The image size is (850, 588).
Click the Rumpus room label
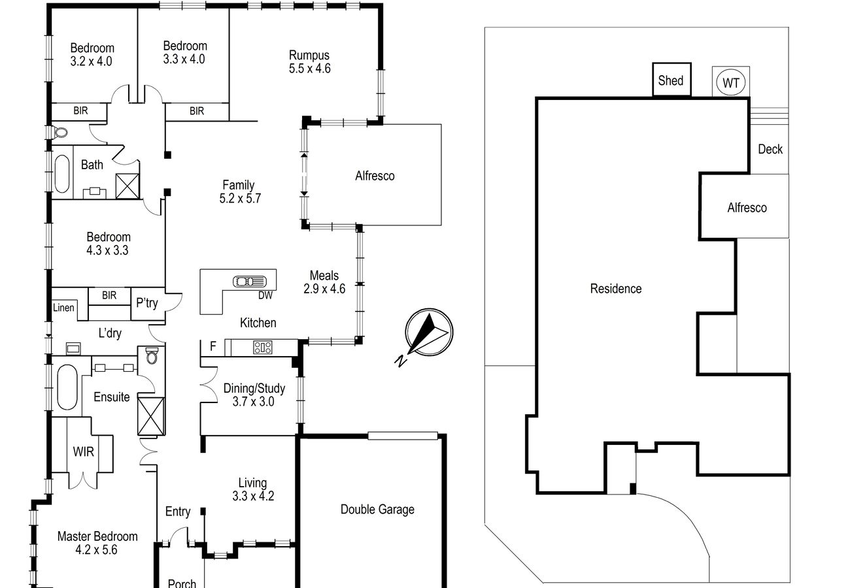pyautogui.click(x=309, y=56)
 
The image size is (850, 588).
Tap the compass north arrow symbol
pyautogui.click(x=428, y=332)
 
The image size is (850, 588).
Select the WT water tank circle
pyautogui.click(x=730, y=83)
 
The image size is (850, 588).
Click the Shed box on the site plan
pyautogui.click(x=671, y=81)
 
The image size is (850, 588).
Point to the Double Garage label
pyautogui.click(x=377, y=510)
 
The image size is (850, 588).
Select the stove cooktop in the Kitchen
pyautogui.click(x=262, y=348)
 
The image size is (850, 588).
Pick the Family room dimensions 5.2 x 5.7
pyautogui.click(x=240, y=199)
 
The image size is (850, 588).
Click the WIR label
pyautogui.click(x=83, y=451)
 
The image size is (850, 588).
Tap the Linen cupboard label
pyautogui.click(x=63, y=308)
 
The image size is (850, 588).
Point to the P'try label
pyautogui.click(x=146, y=303)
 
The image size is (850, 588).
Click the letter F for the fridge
pyautogui.click(x=212, y=347)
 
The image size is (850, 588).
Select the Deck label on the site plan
pyautogui.click(x=770, y=149)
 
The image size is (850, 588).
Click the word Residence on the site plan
pyautogui.click(x=615, y=288)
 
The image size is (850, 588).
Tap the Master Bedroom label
pyautogui.click(x=97, y=536)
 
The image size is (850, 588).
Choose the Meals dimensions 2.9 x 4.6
pyautogui.click(x=324, y=288)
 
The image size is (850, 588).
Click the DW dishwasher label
pyautogui.click(x=265, y=295)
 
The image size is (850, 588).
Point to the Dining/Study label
pyautogui.click(x=254, y=389)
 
